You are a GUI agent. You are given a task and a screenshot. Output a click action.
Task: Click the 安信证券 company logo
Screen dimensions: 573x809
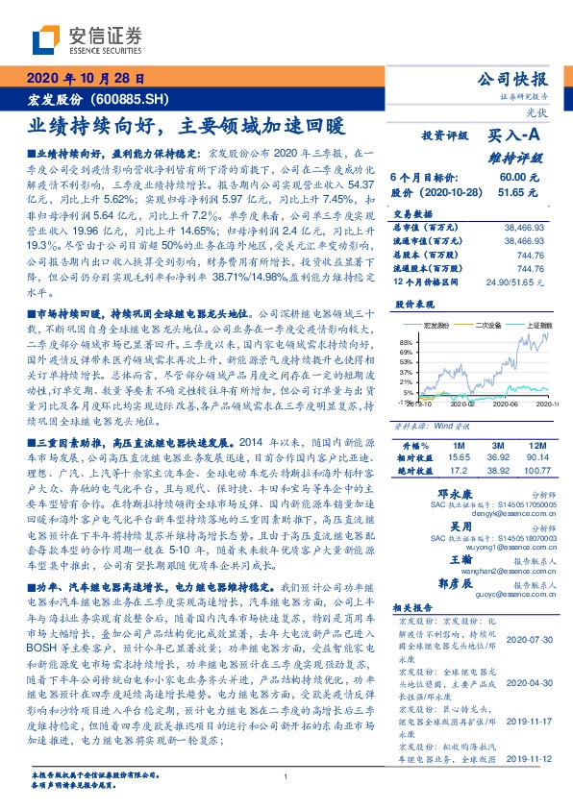(x=87, y=39)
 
